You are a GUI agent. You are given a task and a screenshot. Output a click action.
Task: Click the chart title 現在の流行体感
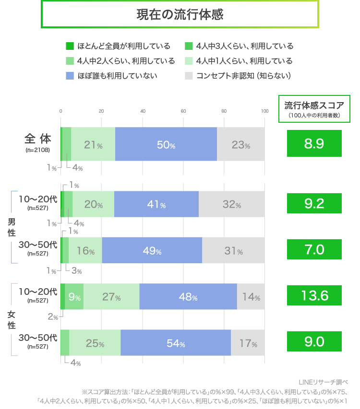click(x=180, y=14)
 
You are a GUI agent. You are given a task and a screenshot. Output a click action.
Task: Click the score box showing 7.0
click(x=314, y=250)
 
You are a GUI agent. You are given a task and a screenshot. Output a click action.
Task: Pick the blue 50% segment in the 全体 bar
click(x=166, y=144)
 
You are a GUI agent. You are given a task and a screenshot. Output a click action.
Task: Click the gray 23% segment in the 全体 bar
click(x=240, y=144)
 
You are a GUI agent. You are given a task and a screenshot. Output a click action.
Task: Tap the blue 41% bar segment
click(x=156, y=204)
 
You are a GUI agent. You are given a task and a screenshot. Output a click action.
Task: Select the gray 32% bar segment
click(x=231, y=204)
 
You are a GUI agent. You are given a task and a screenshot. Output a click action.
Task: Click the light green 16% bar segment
click(x=85, y=250)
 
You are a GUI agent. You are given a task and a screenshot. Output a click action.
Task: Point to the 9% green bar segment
click(x=74, y=296)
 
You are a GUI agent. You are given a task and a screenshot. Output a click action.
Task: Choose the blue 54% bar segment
click(x=176, y=342)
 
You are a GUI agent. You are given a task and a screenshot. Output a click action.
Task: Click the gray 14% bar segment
click(x=251, y=296)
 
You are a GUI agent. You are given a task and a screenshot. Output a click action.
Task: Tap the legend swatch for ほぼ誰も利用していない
click(x=70, y=76)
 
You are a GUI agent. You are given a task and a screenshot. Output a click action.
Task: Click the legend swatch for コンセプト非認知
click(x=189, y=76)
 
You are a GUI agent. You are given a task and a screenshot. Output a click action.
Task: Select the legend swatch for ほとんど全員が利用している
click(x=70, y=46)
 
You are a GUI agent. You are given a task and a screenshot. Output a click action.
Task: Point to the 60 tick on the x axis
click(x=183, y=111)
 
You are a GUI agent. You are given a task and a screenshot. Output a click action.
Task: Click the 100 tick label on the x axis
click(x=264, y=111)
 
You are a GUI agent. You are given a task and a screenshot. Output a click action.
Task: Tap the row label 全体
click(x=38, y=139)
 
